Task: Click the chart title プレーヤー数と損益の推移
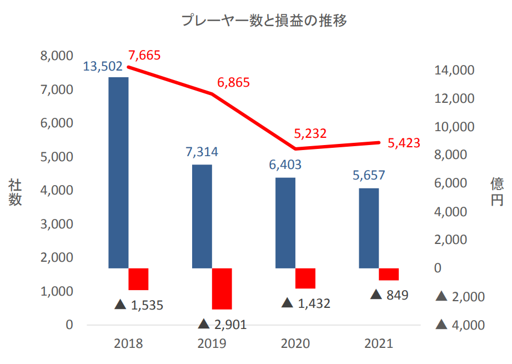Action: tap(264, 21)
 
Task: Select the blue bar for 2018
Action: tap(118, 172)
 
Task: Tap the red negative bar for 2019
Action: tap(222, 288)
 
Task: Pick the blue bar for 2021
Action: tap(369, 228)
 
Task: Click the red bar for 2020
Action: tap(305, 278)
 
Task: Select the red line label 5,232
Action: tap(310, 133)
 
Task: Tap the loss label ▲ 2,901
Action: tap(222, 325)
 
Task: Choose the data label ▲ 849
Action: tap(389, 295)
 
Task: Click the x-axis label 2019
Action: tap(212, 343)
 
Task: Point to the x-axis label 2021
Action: tap(379, 343)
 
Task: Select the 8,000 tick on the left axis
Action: tap(57, 56)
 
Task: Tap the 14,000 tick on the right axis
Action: tap(454, 71)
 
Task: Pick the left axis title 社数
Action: tap(15, 193)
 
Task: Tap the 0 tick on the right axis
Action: tap(438, 268)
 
